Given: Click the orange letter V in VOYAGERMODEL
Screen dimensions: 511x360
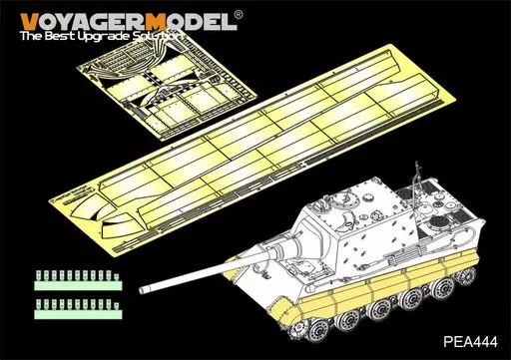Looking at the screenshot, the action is pos(29,22).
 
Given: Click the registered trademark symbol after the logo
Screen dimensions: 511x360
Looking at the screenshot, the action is pos(239,15).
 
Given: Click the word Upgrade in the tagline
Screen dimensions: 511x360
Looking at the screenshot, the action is pos(102,37).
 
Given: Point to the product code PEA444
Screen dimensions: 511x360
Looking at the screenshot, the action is pos(470,341).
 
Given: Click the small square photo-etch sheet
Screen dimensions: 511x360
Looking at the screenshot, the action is pos(167,87).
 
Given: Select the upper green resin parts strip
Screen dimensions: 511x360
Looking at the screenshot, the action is pos(78,280).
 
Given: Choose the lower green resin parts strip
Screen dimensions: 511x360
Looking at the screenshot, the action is pos(78,309).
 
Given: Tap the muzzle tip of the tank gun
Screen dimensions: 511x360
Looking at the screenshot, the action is pos(143,290).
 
